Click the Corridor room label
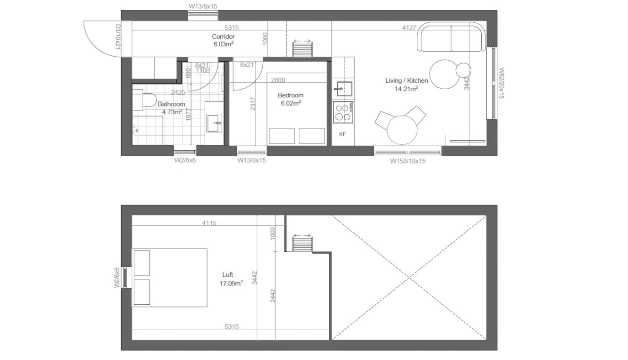[x=223, y=37]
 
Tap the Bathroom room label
[x=171, y=104]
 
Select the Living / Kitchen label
[x=406, y=81]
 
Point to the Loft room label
[x=228, y=275]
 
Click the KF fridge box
[x=343, y=134]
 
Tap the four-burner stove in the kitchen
[x=343, y=112]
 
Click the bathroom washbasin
[x=214, y=123]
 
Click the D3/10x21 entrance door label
[x=118, y=37]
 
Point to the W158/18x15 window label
[x=408, y=161]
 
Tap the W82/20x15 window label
[x=501, y=83]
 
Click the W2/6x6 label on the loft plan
[x=117, y=277]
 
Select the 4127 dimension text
[x=409, y=27]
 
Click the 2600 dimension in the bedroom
[x=278, y=80]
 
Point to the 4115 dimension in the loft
[x=209, y=223]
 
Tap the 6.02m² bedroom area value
[x=291, y=103]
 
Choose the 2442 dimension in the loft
[x=273, y=296]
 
